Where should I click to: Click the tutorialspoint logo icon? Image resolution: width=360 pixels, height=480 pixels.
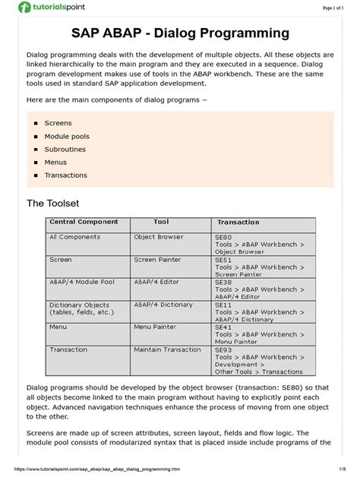(x=25, y=8)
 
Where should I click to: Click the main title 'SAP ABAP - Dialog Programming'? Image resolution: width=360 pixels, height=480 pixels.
(x=180, y=33)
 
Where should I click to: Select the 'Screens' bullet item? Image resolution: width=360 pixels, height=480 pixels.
(x=58, y=123)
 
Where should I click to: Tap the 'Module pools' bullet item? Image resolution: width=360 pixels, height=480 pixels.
(x=66, y=136)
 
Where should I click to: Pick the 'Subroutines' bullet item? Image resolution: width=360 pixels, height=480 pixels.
(x=65, y=149)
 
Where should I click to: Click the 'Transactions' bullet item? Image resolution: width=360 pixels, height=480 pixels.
(x=66, y=175)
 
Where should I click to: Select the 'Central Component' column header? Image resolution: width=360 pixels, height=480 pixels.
(x=84, y=223)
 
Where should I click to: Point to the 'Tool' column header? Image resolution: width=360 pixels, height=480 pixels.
(x=161, y=223)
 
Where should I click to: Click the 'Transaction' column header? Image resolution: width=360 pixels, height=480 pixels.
(x=238, y=223)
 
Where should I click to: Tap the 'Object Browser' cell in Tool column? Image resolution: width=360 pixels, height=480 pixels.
(x=159, y=237)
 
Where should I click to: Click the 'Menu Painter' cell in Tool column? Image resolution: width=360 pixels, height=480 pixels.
(x=155, y=327)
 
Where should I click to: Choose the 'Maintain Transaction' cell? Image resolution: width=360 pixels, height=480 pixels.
(x=167, y=349)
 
